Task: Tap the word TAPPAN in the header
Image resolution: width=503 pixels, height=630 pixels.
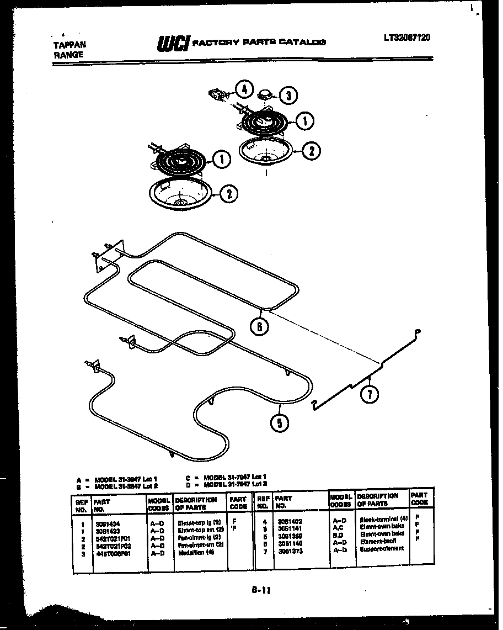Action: (x=69, y=45)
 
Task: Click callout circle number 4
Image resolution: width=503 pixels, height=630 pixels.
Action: (x=244, y=89)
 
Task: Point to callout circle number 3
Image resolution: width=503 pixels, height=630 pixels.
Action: (x=288, y=96)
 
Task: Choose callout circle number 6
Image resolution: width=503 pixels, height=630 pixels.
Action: (x=260, y=326)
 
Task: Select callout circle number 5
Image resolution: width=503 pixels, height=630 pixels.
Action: (x=280, y=423)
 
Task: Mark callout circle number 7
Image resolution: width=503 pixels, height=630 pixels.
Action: (x=370, y=394)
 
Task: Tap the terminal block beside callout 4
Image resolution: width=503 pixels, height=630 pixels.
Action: (x=220, y=96)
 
